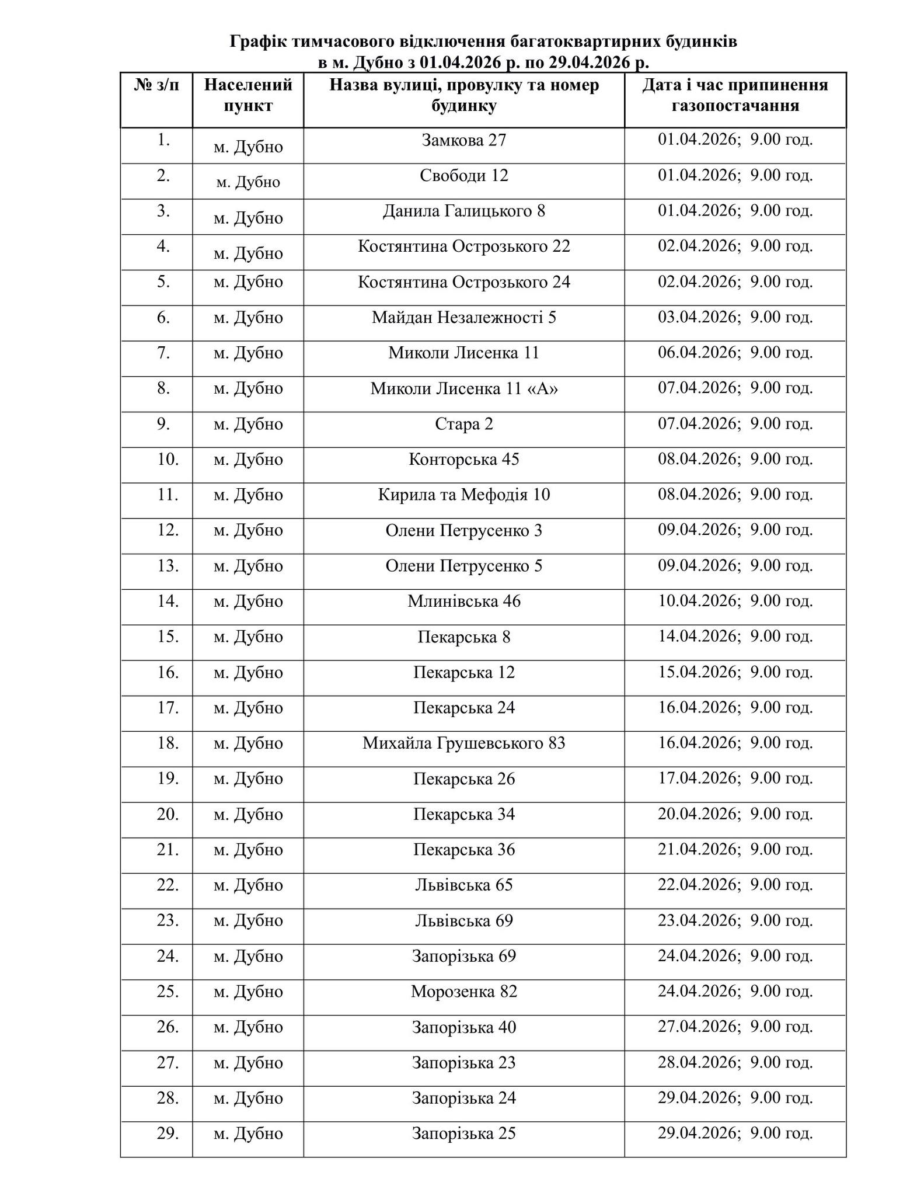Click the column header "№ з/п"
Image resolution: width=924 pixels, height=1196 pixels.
[x=156, y=85]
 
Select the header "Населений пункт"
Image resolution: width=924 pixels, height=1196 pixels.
[x=248, y=95]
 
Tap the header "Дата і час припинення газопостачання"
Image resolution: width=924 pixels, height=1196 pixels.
[x=735, y=95]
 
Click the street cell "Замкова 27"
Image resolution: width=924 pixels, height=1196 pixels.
[x=464, y=141]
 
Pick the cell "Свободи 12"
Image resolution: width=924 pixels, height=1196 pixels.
[x=464, y=176]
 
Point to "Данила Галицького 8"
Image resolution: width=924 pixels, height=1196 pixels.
[x=464, y=211]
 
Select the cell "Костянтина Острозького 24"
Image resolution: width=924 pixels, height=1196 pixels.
[x=464, y=282]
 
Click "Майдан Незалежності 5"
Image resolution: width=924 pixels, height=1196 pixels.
[x=464, y=318]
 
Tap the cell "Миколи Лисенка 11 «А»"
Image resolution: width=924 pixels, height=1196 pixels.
[x=464, y=388]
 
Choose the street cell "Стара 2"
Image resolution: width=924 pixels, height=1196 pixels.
[x=464, y=424]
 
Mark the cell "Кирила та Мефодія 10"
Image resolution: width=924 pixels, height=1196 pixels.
[x=464, y=495]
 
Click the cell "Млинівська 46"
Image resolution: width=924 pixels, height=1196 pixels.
[x=464, y=602]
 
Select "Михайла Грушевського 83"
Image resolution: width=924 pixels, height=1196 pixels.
[x=464, y=743]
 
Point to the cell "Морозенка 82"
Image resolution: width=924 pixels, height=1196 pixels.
[x=464, y=992]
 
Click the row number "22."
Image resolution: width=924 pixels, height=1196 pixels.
[x=168, y=885]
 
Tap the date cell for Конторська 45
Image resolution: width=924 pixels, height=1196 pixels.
[x=735, y=459]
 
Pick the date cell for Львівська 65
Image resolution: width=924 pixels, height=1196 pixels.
[x=735, y=885]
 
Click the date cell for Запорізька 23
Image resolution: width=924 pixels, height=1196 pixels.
[x=735, y=1063]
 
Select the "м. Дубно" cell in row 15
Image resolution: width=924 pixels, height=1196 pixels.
[x=248, y=637]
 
